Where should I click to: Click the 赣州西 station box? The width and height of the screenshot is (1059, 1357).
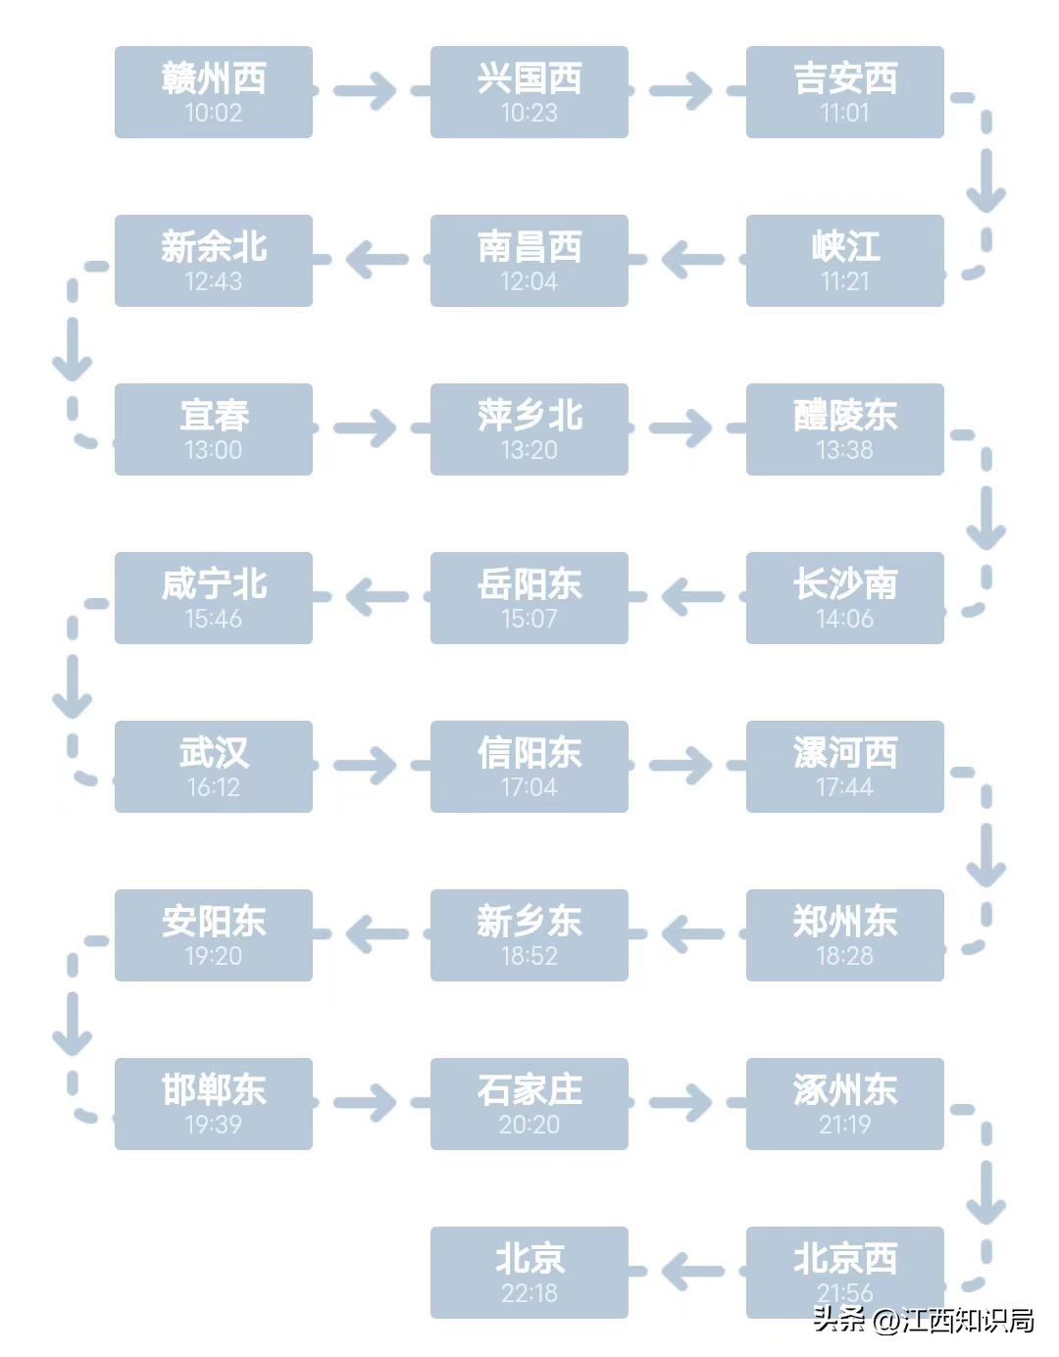(214, 92)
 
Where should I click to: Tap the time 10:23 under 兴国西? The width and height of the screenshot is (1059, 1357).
(529, 113)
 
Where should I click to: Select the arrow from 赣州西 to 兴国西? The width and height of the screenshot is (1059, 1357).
(365, 91)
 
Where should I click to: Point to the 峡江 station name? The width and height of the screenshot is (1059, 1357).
(844, 247)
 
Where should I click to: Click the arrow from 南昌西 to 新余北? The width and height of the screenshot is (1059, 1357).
(377, 260)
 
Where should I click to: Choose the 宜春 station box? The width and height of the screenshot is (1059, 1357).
(214, 429)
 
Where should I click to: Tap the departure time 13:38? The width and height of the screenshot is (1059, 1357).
(844, 450)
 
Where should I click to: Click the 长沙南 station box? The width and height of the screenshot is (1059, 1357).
(844, 598)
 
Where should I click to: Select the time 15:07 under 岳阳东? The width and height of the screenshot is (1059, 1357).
(529, 619)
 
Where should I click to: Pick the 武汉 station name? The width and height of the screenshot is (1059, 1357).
(214, 753)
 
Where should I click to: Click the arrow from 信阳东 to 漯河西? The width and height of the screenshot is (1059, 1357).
(681, 766)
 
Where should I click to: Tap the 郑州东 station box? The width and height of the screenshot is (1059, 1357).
(844, 935)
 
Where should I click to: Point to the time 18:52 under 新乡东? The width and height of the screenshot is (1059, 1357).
(529, 956)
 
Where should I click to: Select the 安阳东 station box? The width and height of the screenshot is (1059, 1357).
(214, 935)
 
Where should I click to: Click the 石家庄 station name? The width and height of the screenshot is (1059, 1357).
(529, 1090)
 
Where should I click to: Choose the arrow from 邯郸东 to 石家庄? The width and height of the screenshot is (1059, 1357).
(365, 1103)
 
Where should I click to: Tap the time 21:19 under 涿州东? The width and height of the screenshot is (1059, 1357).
(844, 1125)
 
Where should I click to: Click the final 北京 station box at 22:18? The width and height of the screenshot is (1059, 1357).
(529, 1273)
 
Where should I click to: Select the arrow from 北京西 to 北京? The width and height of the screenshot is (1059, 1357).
(692, 1273)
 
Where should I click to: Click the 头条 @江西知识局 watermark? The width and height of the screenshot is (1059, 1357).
(923, 1320)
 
